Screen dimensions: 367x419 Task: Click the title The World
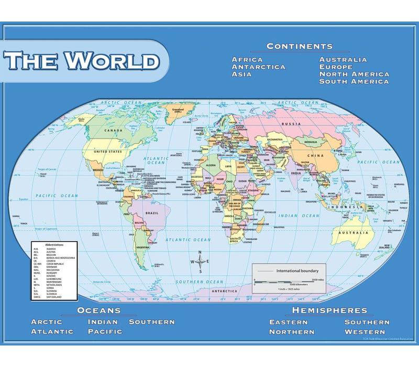[82, 61]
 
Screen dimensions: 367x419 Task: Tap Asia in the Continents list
[242, 74]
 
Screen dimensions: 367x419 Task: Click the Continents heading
[299, 46]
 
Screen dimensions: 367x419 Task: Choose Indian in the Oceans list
[103, 321]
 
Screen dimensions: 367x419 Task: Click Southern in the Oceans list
[152, 321]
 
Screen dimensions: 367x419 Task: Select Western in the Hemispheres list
[365, 332]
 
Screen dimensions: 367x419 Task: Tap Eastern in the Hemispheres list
[289, 322]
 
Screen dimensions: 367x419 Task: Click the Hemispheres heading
[329, 310]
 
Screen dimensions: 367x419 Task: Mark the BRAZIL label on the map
[151, 213]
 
